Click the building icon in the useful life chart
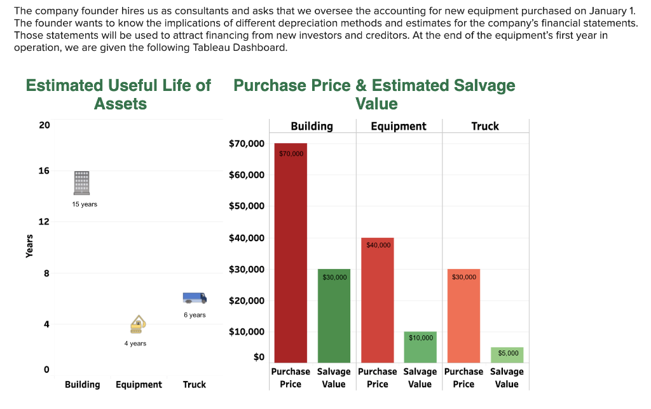pyautogui.click(x=82, y=183)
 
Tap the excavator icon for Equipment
pyautogui.click(x=137, y=324)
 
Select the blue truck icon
pyautogui.click(x=195, y=298)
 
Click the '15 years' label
pyautogui.click(x=85, y=204)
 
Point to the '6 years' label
pyautogui.click(x=195, y=315)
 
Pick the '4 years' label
pyautogui.click(x=135, y=343)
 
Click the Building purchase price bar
pyautogui.click(x=291, y=254)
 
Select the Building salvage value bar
pyautogui.click(x=334, y=316)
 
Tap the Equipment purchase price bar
pyautogui.click(x=378, y=300)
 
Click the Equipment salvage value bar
pyautogui.click(x=420, y=347)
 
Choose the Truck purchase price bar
pyautogui.click(x=463, y=316)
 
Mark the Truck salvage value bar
pyautogui.click(x=507, y=355)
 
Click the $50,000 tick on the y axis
pyautogui.click(x=247, y=206)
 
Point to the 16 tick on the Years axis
pyautogui.click(x=44, y=171)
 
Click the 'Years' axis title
pyautogui.click(x=29, y=246)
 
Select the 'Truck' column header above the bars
pyautogui.click(x=485, y=126)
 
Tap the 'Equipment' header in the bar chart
pyautogui.click(x=399, y=126)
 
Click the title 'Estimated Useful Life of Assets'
pyautogui.click(x=119, y=94)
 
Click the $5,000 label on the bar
pyautogui.click(x=508, y=353)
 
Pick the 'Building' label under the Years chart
pyautogui.click(x=82, y=384)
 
